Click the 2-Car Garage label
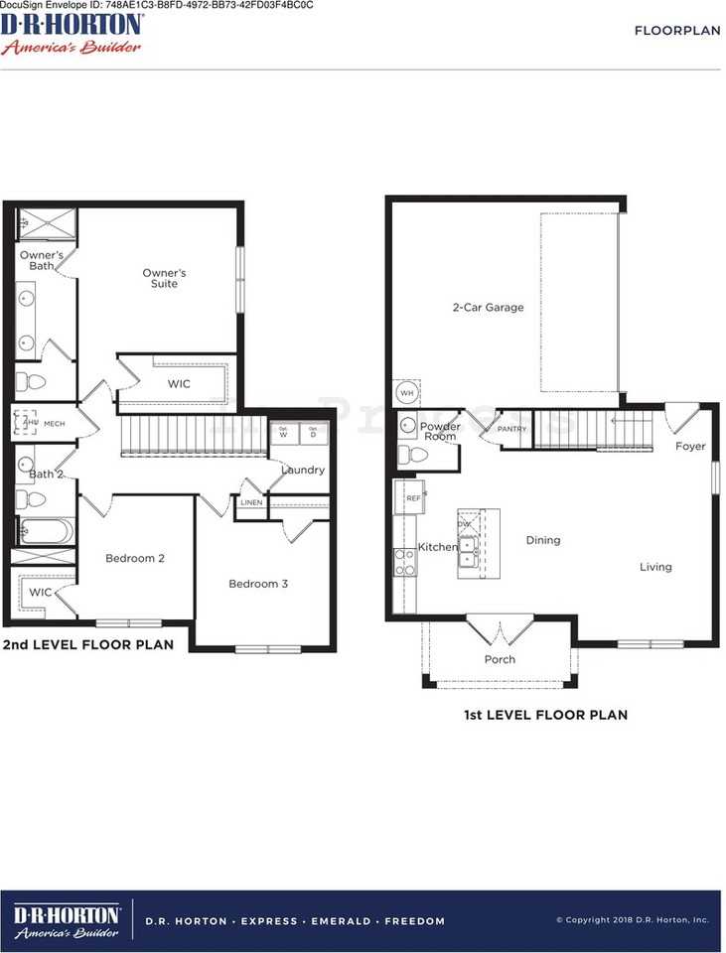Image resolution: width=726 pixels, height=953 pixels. point(488,308)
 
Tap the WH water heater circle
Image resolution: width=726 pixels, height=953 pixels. point(405,393)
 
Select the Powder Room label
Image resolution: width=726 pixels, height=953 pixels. point(440,432)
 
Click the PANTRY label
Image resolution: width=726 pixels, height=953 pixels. point(511,429)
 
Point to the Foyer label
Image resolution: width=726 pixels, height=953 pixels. point(690,447)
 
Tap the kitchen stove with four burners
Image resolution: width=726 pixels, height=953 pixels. point(405,563)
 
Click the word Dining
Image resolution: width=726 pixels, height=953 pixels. point(543,541)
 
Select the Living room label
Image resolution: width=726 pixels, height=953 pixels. point(655,567)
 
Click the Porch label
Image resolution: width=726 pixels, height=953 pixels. point(500,660)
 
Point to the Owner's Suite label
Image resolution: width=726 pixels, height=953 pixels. point(164,279)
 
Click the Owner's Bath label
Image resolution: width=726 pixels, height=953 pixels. point(41,260)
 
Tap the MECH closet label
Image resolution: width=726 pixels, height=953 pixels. point(54,423)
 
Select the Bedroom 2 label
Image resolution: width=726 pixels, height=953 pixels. point(135,558)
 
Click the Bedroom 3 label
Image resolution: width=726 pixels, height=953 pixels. point(258,584)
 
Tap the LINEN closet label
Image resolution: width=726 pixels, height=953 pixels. point(251,503)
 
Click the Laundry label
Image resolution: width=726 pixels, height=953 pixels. point(302,470)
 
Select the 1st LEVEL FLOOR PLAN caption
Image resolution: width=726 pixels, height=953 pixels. point(545,715)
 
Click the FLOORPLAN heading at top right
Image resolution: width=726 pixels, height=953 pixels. point(677,31)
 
